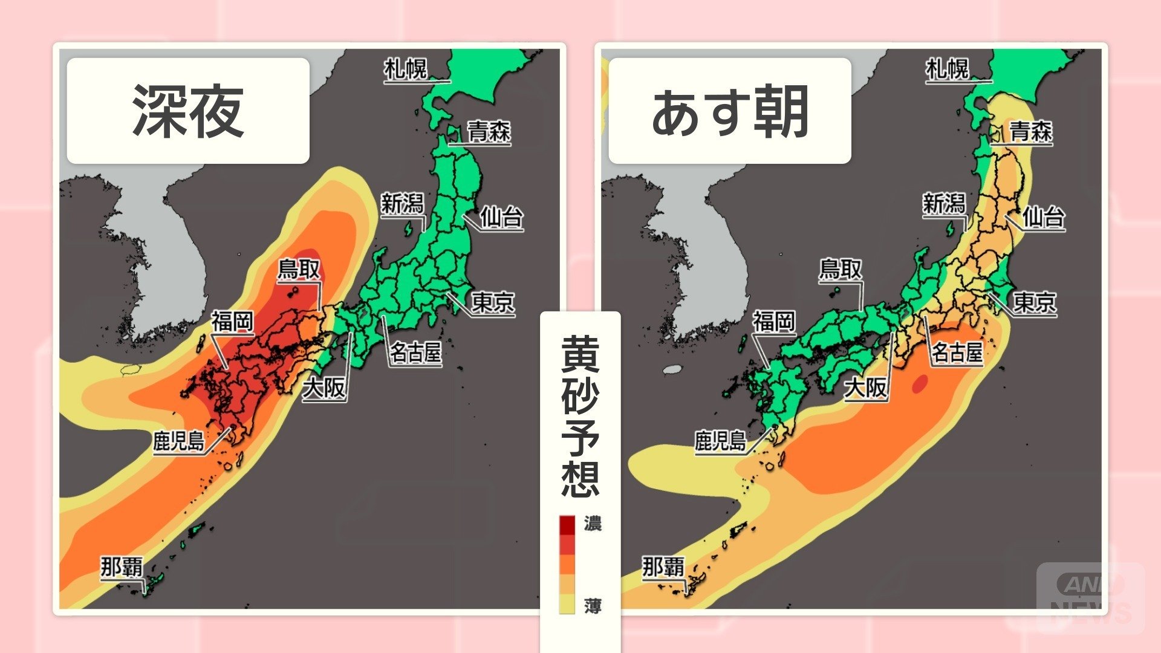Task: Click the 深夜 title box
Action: [188, 111]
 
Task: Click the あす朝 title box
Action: [730, 111]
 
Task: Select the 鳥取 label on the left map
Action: [299, 269]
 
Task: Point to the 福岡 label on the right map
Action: [773, 321]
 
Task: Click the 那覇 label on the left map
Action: [122, 567]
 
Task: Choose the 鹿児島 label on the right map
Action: [720, 440]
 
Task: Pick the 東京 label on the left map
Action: [493, 302]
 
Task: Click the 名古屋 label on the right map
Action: [957, 352]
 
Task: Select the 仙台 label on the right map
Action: [1044, 216]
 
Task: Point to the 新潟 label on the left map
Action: [402, 204]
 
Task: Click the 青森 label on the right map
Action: [1031, 131]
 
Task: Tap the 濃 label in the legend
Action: [593, 523]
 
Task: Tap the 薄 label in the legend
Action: [593, 605]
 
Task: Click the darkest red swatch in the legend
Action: [567, 525]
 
